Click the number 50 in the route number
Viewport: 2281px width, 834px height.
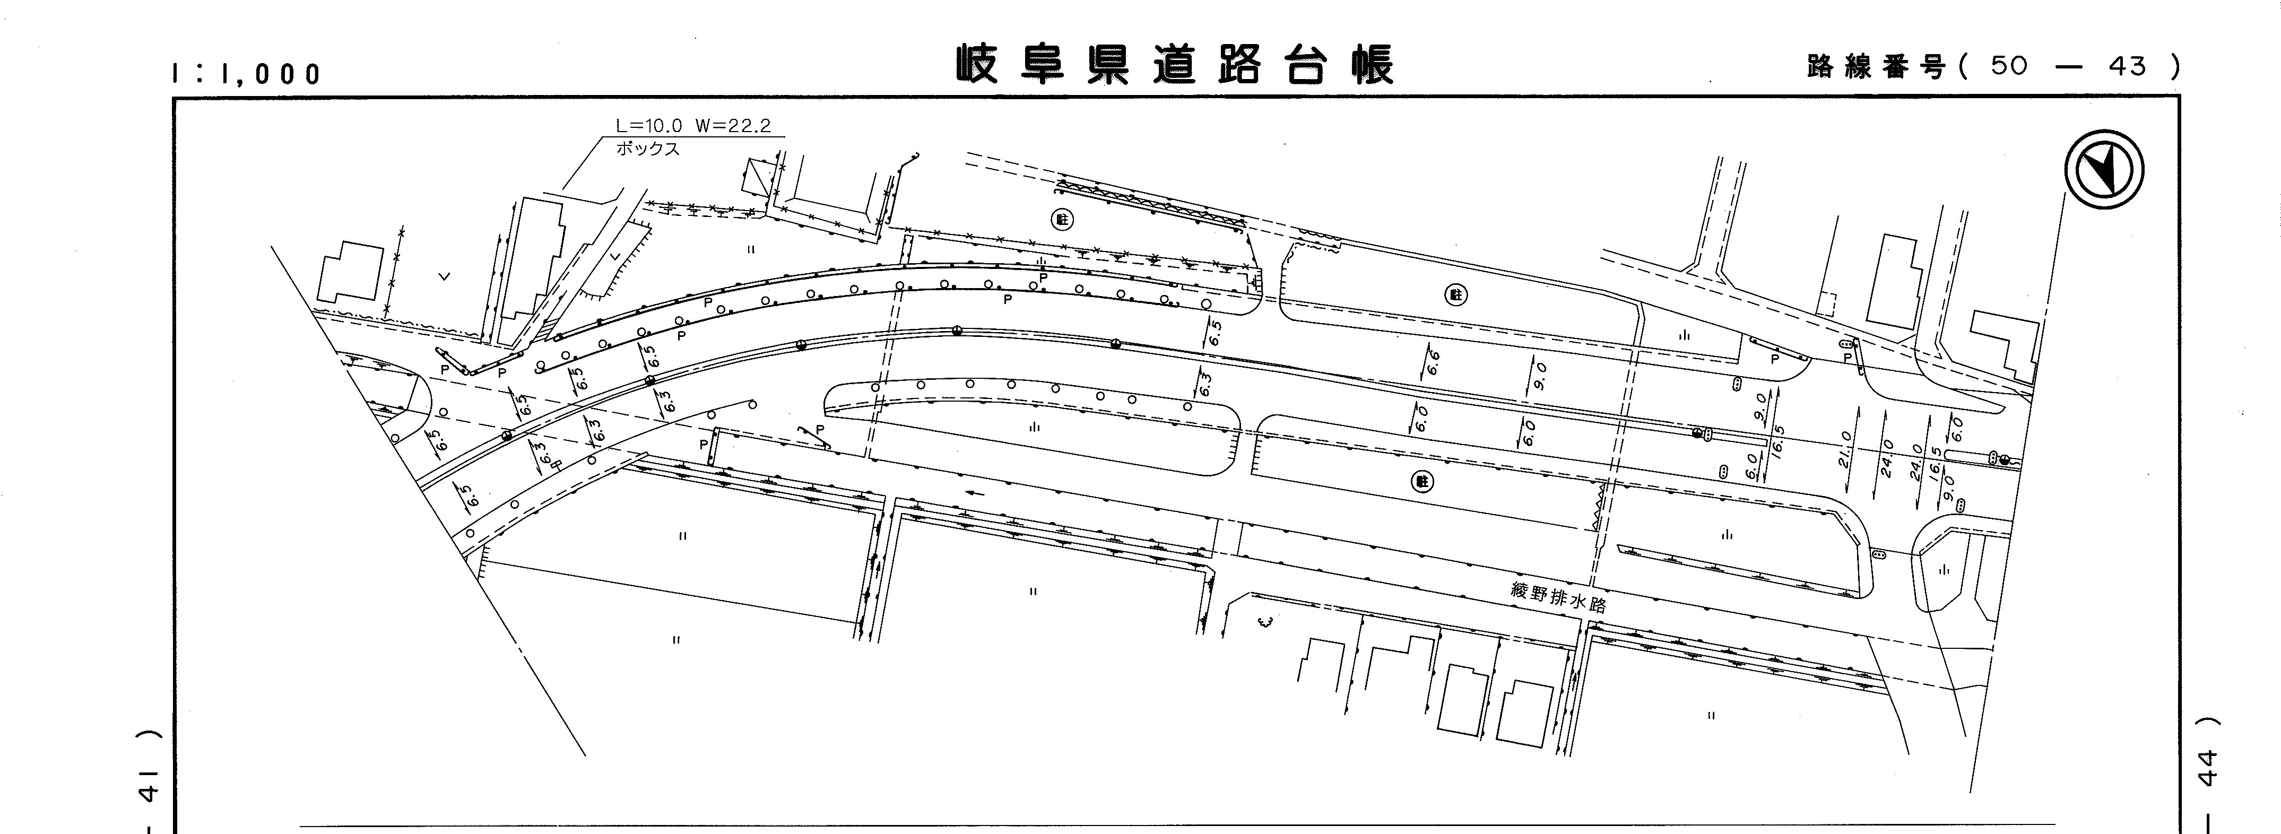2008,66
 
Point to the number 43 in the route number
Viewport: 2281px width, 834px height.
2127,66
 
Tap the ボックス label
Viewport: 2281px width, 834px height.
648,149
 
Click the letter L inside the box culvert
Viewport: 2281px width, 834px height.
614,256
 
